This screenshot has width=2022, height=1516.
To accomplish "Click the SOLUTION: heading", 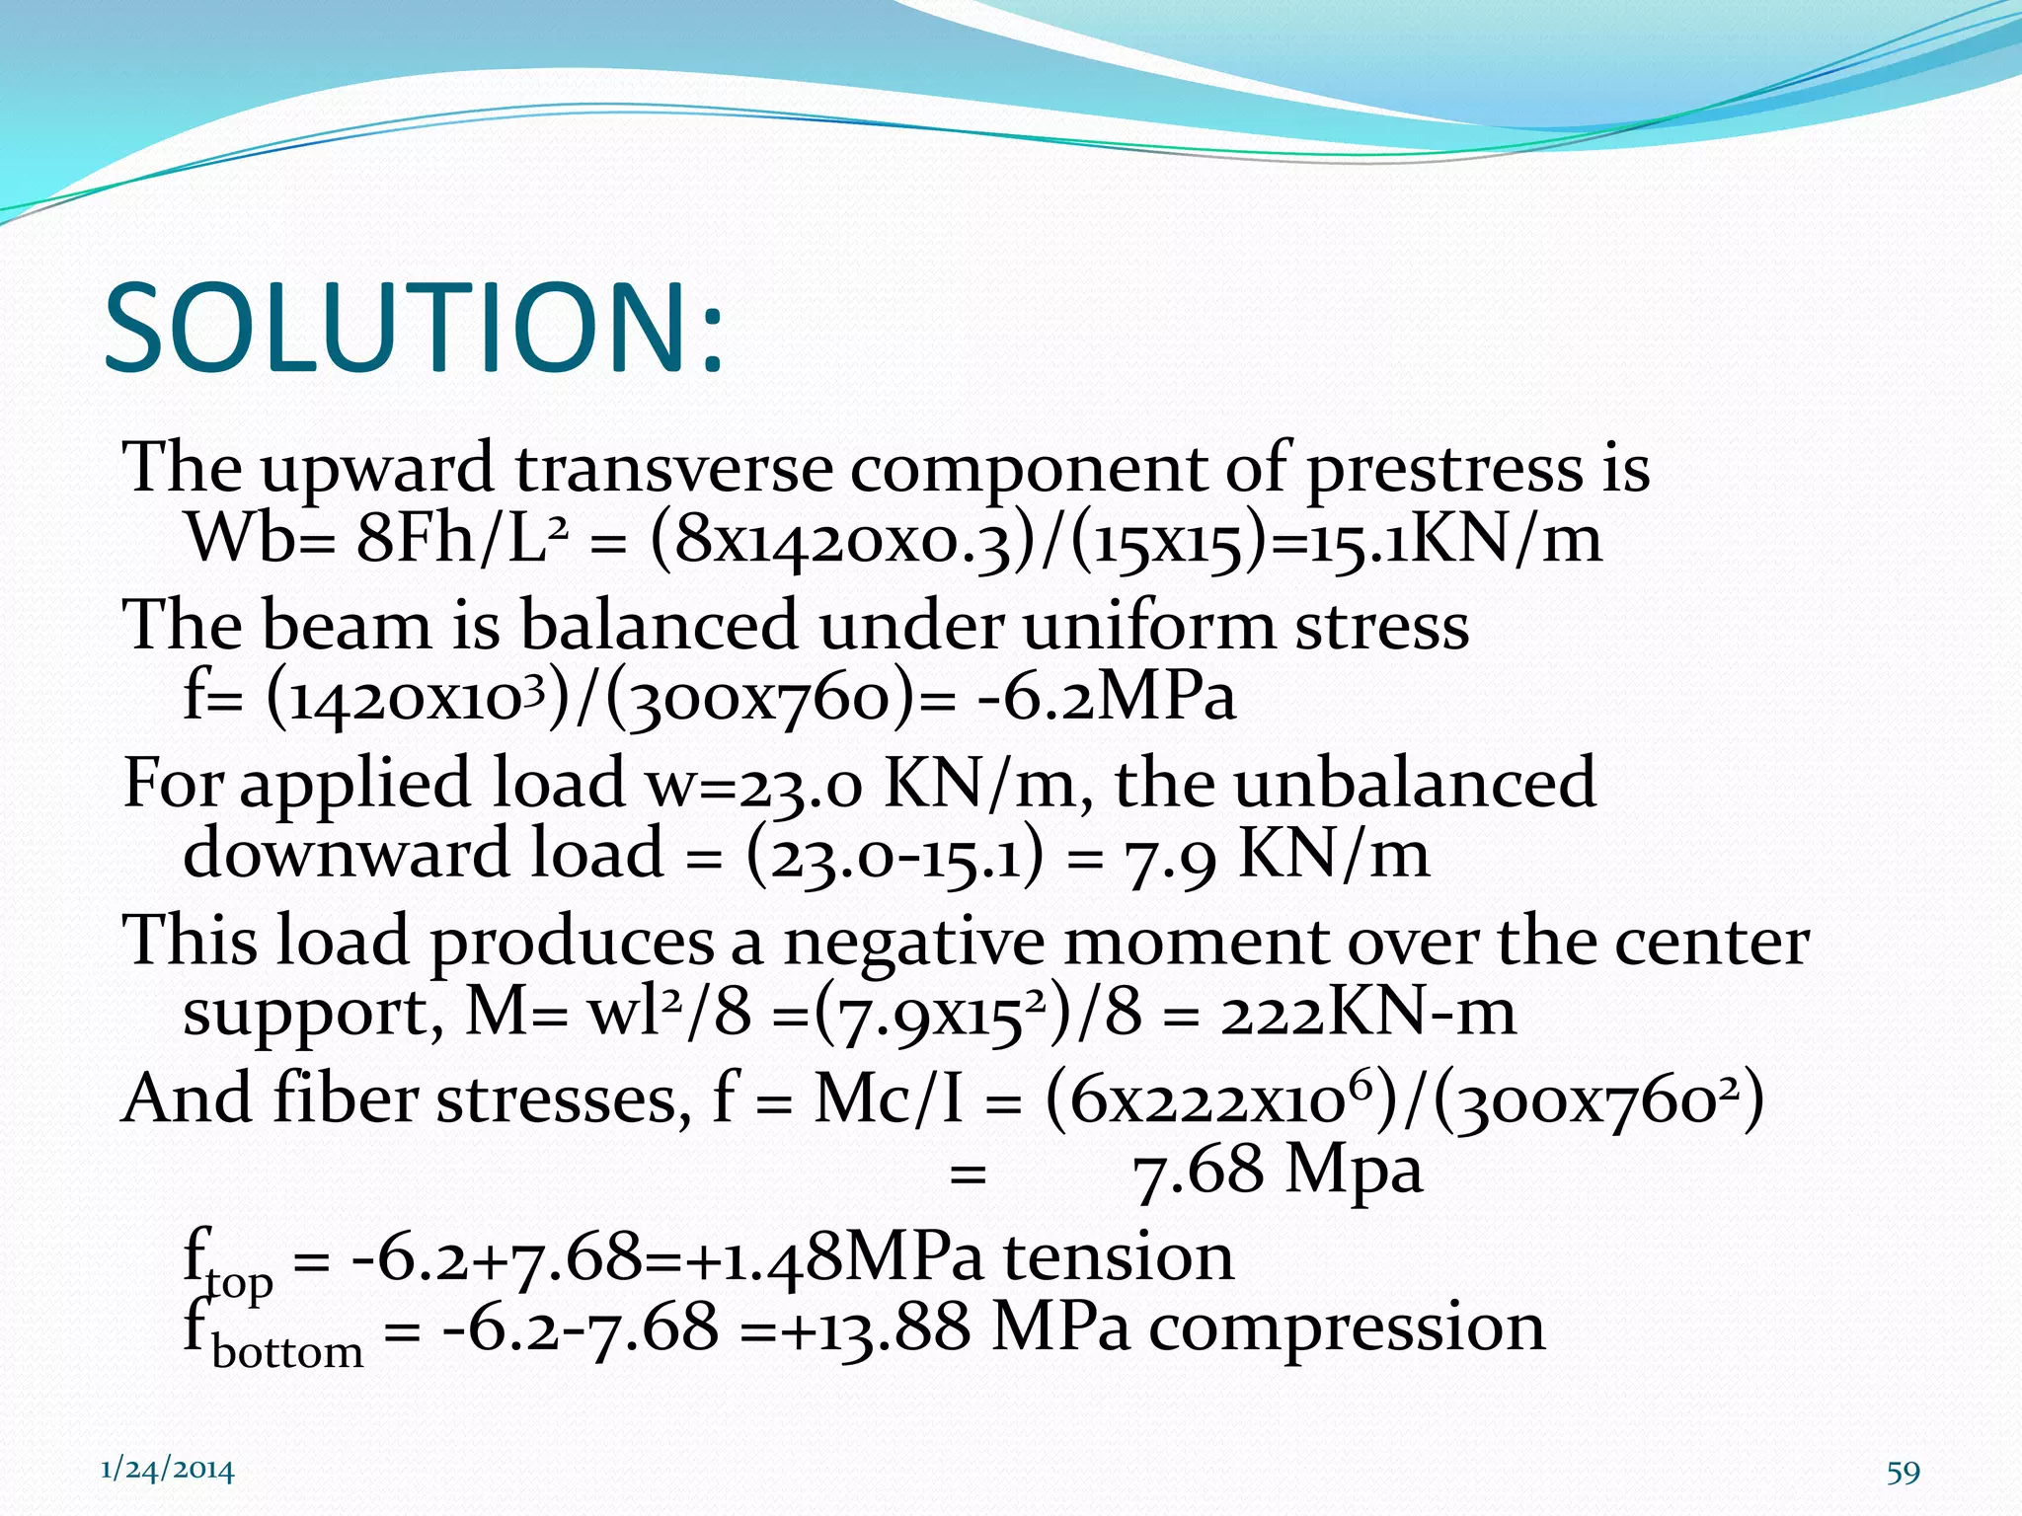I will click(415, 328).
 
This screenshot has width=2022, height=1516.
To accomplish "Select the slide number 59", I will click(1903, 1473).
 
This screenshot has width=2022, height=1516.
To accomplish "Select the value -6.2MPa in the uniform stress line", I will click(1106, 697).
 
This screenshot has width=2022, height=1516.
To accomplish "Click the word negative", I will click(913, 942).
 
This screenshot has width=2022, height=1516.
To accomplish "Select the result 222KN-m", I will click(1367, 1013).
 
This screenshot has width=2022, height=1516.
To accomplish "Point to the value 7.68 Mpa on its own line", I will click(1278, 1172).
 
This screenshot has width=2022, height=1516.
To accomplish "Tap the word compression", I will click(1347, 1327).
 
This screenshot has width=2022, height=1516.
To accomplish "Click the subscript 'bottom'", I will click(287, 1351).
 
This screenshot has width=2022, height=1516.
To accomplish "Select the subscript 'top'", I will click(239, 1282).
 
